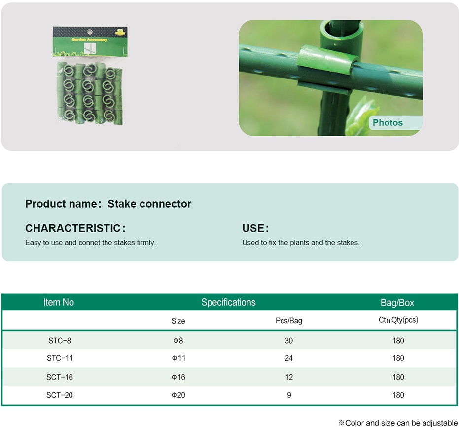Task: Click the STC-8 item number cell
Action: (60, 340)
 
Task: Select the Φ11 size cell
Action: (178, 358)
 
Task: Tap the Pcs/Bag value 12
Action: (288, 377)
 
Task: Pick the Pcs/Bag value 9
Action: (289, 395)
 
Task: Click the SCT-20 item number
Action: (60, 395)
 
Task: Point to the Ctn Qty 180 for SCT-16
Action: (398, 377)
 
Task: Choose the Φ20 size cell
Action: (178, 395)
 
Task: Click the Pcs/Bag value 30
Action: (288, 340)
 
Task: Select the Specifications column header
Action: (228, 302)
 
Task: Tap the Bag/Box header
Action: (397, 303)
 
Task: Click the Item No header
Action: (59, 302)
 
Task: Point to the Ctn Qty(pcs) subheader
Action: (398, 320)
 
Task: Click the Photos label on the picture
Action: (388, 122)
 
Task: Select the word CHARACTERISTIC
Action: (73, 228)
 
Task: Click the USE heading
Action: (253, 228)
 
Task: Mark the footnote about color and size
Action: (398, 423)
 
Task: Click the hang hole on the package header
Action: (90, 32)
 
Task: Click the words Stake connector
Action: (149, 204)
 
